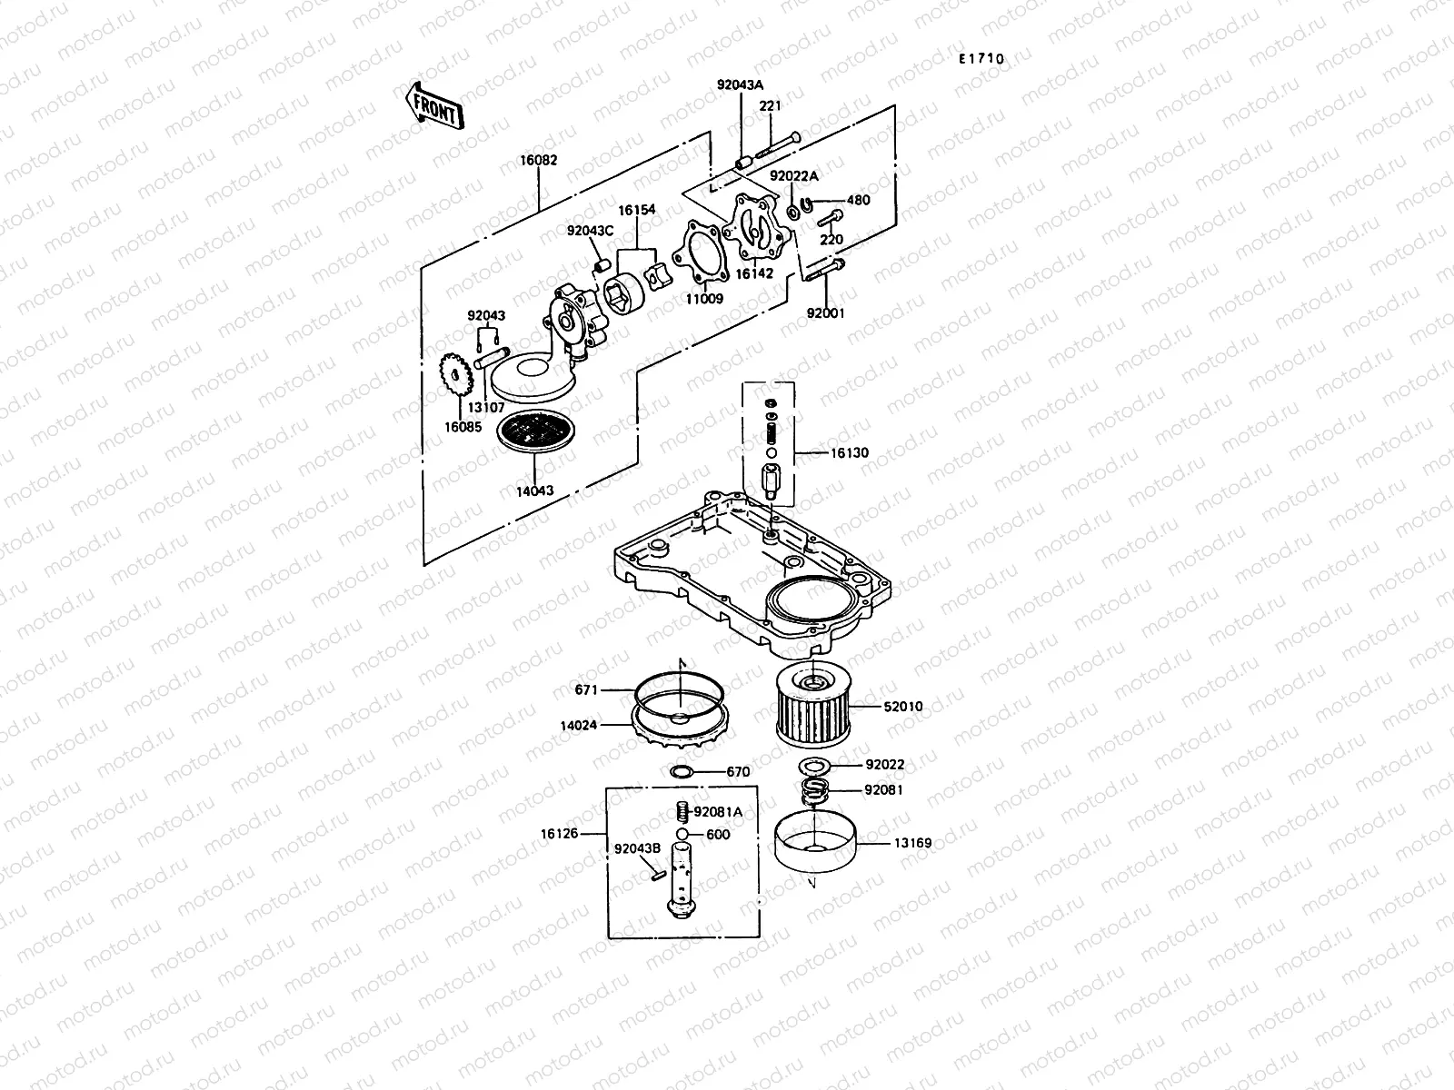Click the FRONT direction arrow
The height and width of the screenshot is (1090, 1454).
[433, 104]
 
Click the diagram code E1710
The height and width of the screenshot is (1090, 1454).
[981, 59]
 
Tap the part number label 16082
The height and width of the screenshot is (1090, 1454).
[538, 160]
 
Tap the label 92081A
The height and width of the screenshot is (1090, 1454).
[719, 812]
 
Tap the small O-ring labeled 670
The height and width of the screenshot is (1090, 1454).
[680, 772]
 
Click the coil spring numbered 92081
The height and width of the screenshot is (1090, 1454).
[819, 791]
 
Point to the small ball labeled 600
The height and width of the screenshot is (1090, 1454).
[682, 835]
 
